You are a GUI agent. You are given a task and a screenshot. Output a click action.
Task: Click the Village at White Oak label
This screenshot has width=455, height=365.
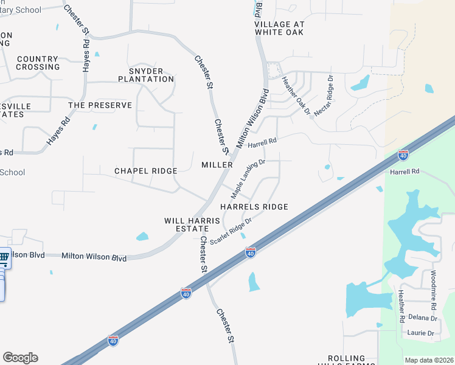pyautogui.click(x=279, y=28)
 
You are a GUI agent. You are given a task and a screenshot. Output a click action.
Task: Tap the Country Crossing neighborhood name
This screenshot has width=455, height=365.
pyautogui.click(x=38, y=63)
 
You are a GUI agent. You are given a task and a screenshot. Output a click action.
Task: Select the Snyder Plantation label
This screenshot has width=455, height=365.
pyautogui.click(x=146, y=75)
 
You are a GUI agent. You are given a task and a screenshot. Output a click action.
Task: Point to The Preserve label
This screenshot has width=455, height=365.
pyautogui.click(x=100, y=105)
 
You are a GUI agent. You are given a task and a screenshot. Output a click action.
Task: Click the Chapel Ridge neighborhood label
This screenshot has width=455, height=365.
pyautogui.click(x=145, y=171)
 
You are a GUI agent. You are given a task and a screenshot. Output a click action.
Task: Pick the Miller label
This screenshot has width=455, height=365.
pyautogui.click(x=217, y=165)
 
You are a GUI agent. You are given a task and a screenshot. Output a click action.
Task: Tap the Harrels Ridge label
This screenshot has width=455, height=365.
pyautogui.click(x=254, y=207)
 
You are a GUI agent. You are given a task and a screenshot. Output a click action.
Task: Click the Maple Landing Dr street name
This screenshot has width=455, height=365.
pyautogui.click(x=248, y=179)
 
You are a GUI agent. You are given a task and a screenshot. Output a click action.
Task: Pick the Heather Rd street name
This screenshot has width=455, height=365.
pyautogui.click(x=401, y=305)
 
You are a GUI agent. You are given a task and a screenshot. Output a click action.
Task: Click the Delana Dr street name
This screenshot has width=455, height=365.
pyautogui.click(x=423, y=318)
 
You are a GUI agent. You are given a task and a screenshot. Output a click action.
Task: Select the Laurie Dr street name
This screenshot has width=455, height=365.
pyautogui.click(x=421, y=333)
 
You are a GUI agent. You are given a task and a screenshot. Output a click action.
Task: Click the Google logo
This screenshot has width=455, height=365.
pyautogui.click(x=20, y=358)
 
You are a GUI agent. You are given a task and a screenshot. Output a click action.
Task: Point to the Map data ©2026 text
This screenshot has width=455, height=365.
pyautogui.click(x=429, y=360)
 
